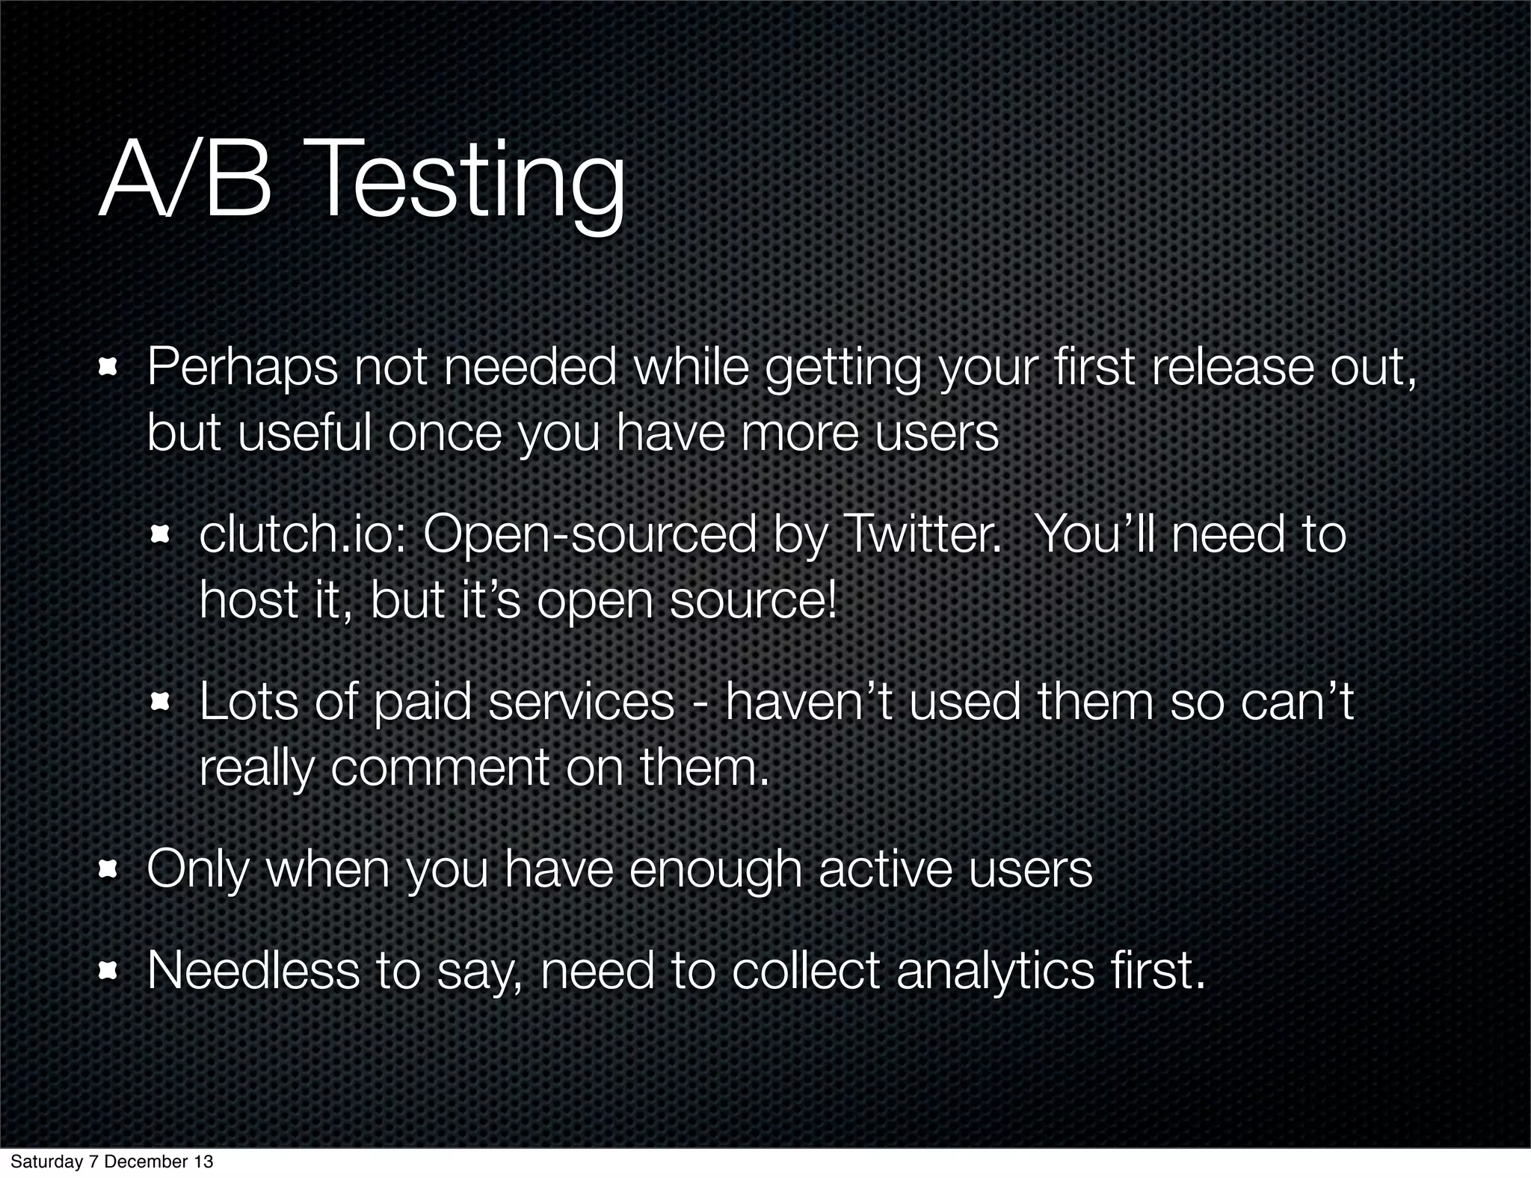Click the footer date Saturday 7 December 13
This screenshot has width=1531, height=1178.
click(x=112, y=1162)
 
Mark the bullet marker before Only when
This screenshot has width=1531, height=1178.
click(x=109, y=869)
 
